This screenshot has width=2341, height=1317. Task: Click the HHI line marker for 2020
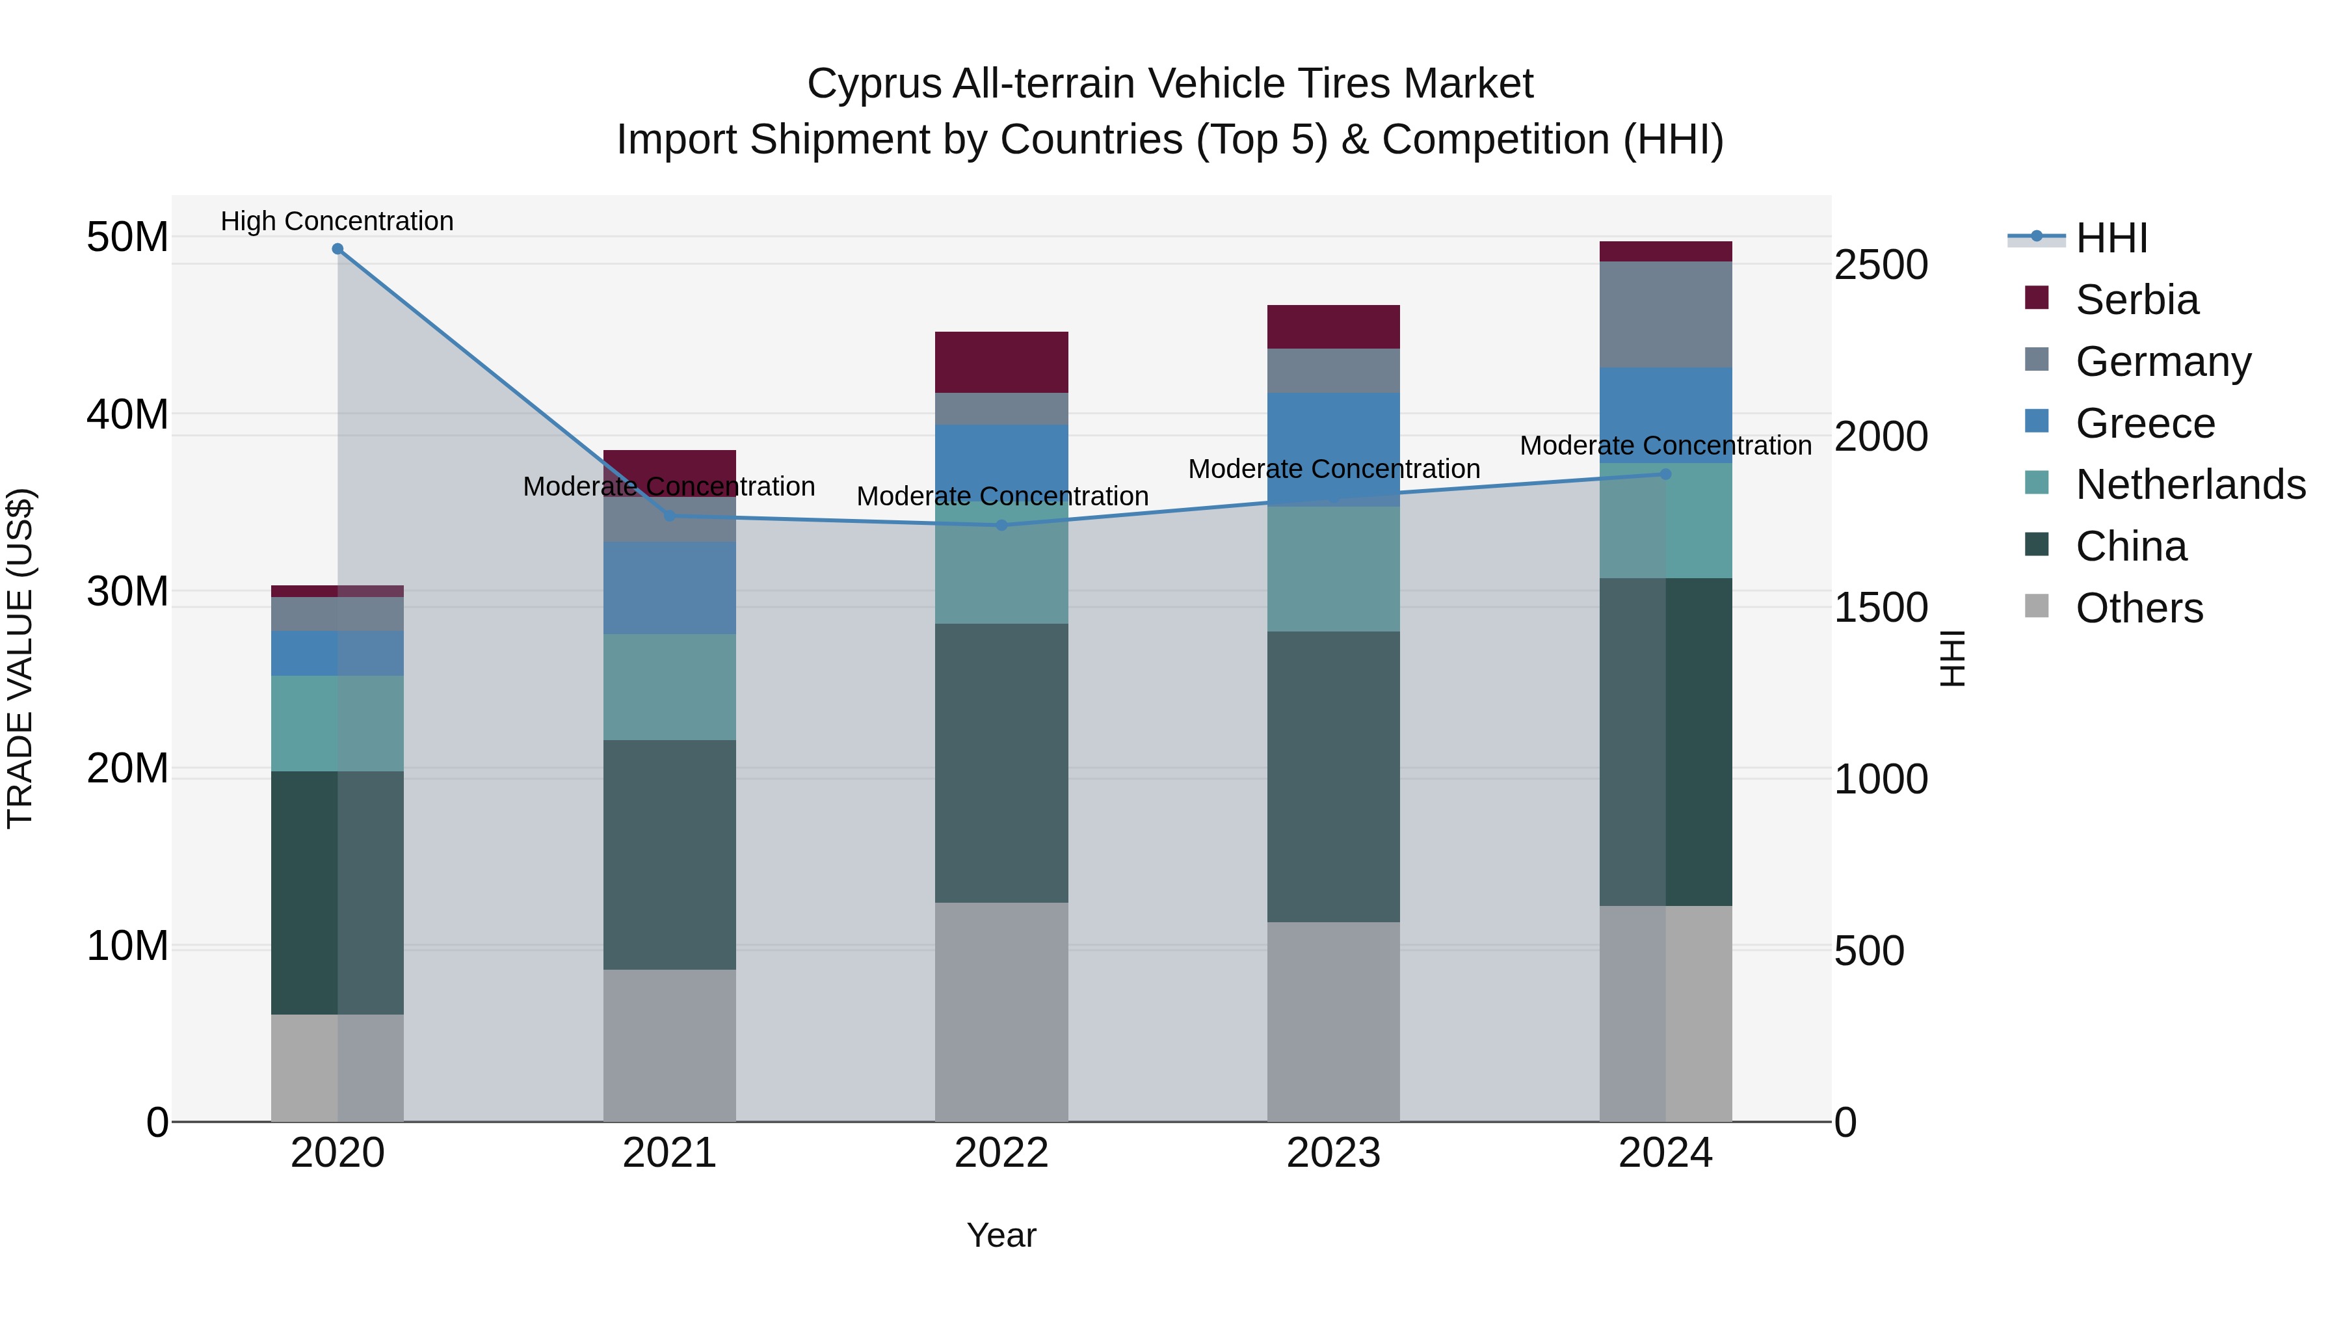[x=337, y=249]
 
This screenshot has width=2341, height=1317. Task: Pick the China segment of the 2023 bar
[x=1333, y=777]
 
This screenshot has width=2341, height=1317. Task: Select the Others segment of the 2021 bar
[x=670, y=1045]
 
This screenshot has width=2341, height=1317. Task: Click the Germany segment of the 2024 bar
[x=1666, y=315]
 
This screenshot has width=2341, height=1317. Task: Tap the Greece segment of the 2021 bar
[x=670, y=588]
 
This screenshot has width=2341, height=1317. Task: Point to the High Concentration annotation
[x=337, y=222]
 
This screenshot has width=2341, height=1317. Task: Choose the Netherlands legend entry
[x=2190, y=485]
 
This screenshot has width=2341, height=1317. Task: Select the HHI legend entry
[x=2111, y=238]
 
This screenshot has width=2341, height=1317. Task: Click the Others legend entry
[x=2139, y=608]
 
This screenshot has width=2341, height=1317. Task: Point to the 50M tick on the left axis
[x=127, y=237]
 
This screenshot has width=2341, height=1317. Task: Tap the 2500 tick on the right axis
[x=1880, y=265]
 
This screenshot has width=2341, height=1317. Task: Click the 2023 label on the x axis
[x=1333, y=1153]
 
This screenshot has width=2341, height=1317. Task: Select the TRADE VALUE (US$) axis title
[x=21, y=658]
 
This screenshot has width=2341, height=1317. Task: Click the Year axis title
[x=1001, y=1235]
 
